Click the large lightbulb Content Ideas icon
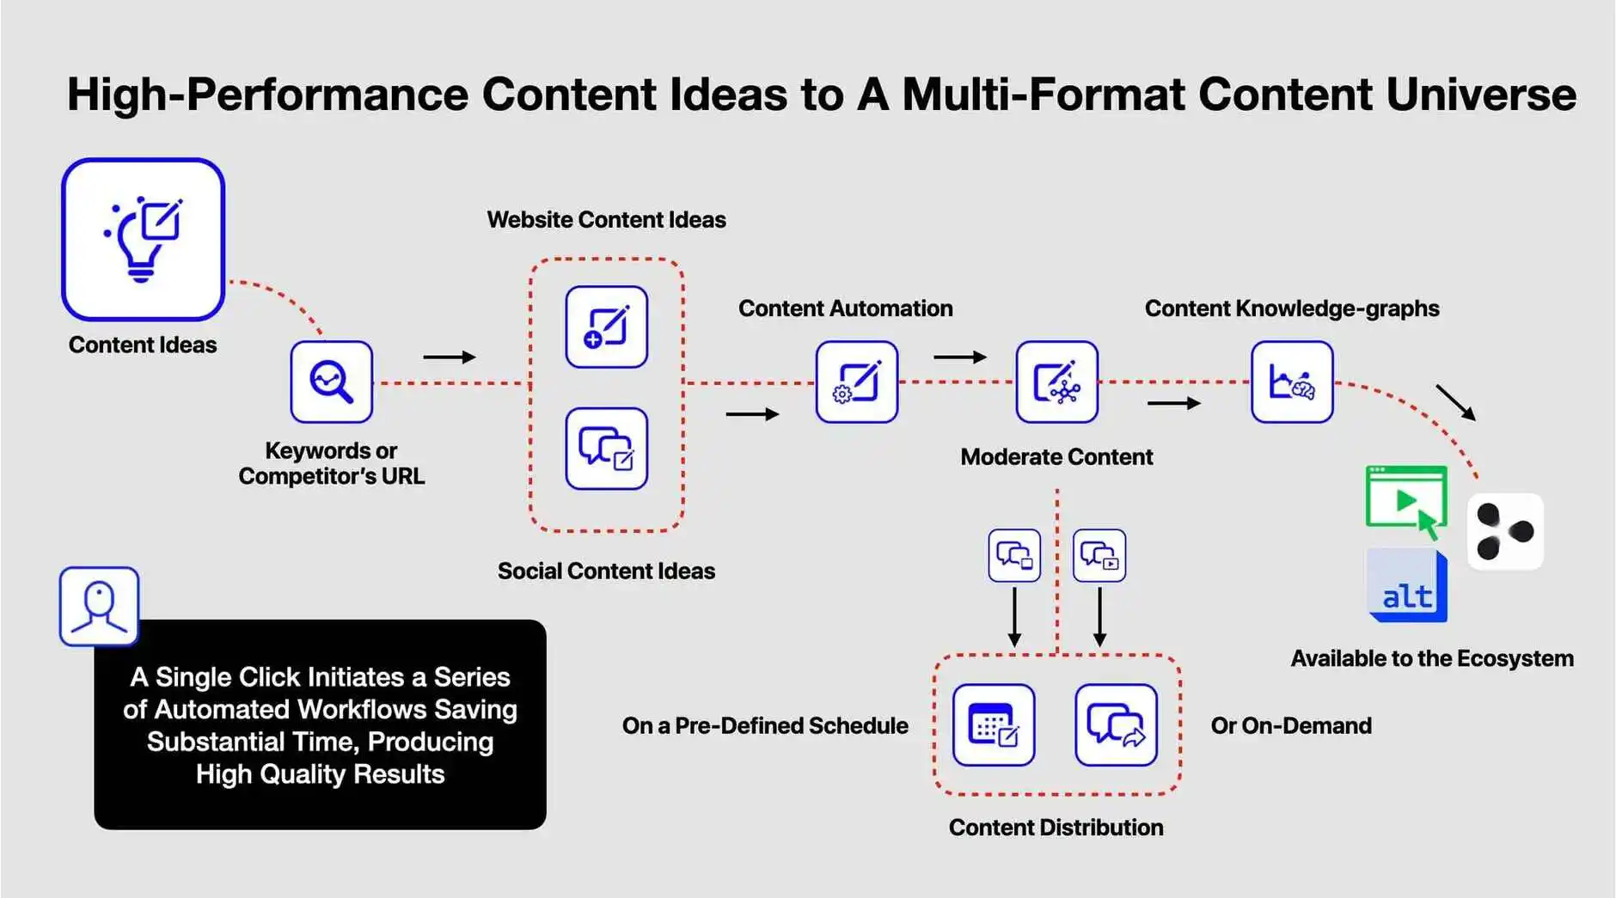143,239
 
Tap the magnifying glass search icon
331,382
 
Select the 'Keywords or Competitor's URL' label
331,463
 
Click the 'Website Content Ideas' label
606,220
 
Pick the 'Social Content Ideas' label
606,571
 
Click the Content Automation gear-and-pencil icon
857,382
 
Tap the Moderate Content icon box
1056,382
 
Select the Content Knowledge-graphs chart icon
1292,382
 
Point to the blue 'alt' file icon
1407,586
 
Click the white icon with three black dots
1505,531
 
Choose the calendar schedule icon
994,724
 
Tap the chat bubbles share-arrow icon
1116,724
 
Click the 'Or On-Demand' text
1291,726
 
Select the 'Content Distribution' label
1056,828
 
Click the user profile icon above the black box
99,606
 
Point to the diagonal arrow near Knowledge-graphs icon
1455,402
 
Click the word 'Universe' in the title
1481,94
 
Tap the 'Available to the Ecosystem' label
1432,659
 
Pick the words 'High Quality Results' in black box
320,774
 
